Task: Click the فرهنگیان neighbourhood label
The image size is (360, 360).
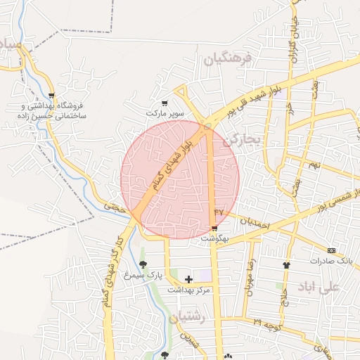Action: point(226,60)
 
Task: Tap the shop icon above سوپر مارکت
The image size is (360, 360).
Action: point(165,103)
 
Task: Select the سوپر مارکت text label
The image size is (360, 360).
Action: point(165,112)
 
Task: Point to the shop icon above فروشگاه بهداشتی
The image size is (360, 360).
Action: point(51,96)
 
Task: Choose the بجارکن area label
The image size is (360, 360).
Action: point(242,141)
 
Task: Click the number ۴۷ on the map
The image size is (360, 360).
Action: point(219,211)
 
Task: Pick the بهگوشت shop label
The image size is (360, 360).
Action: point(214,239)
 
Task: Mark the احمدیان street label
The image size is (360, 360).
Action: point(255,221)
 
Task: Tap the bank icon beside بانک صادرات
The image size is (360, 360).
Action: point(331,250)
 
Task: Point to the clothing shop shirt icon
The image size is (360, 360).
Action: point(286,265)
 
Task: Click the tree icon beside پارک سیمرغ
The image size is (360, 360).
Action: point(143,265)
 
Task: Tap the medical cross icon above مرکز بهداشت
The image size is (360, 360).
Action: point(188,279)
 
